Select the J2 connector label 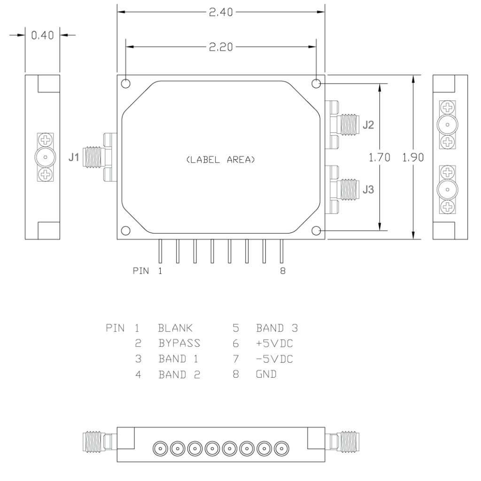click(369, 125)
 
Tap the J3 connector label click(369, 191)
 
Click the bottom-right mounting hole click(317, 231)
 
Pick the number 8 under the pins click(282, 271)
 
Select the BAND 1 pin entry click(178, 359)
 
